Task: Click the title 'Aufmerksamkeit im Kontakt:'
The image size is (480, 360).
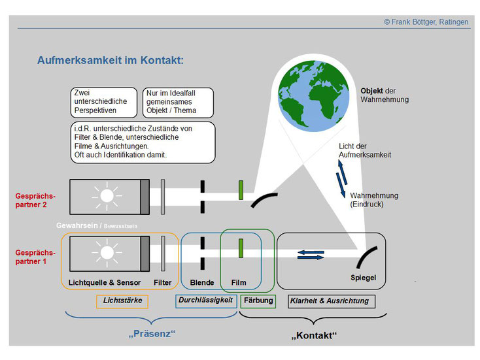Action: click(111, 60)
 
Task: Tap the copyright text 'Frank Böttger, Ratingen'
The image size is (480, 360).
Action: click(430, 22)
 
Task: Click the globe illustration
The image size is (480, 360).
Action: click(313, 96)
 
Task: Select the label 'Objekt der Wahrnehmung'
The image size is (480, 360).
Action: click(385, 95)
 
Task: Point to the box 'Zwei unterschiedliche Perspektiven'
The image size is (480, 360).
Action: click(104, 103)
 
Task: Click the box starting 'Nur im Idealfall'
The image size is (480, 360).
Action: click(178, 103)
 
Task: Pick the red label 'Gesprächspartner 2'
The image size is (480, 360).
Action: click(35, 201)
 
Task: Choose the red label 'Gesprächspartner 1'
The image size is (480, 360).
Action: click(35, 257)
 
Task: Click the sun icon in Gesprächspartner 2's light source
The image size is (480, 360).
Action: click(107, 196)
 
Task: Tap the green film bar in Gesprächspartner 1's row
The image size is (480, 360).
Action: click(241, 248)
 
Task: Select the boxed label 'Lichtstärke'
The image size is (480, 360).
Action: click(122, 301)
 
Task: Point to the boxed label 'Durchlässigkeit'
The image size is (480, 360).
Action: click(206, 301)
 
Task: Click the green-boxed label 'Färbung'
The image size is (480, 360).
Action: click(258, 301)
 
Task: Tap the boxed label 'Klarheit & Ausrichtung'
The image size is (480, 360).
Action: click(332, 301)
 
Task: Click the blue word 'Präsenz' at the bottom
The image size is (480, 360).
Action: click(152, 333)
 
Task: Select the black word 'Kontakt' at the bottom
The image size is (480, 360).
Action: click(314, 335)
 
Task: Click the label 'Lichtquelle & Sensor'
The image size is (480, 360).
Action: click(105, 283)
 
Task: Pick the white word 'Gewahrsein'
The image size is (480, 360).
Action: click(77, 225)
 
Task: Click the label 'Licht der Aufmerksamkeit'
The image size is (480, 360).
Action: click(365, 150)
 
